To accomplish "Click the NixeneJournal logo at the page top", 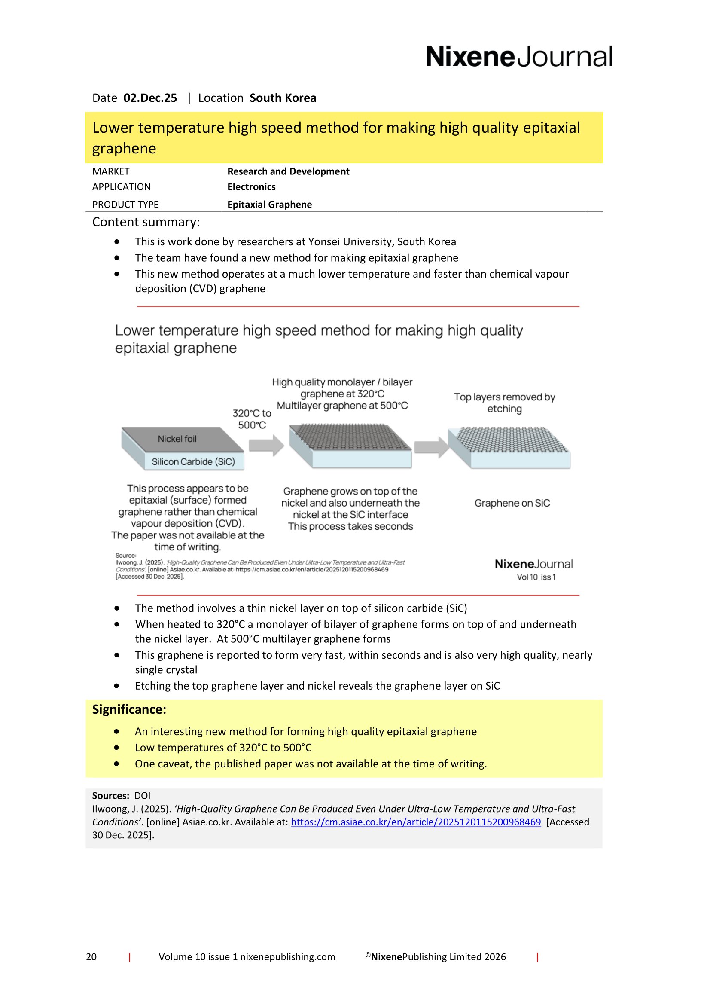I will pos(518,57).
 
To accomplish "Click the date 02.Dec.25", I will pos(150,98).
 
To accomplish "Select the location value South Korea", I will pos(283,98).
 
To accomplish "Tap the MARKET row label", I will pos(111,171).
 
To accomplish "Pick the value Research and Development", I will pos(288,171).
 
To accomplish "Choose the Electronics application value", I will pos(251,187).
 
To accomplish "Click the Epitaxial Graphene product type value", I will pos(269,205).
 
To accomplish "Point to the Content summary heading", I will pos(146,223).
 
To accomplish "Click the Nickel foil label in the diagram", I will pos(177,439).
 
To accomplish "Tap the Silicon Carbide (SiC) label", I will pos(193,462).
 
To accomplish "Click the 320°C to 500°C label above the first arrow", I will pos(252,419).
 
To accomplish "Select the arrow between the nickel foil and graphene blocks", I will pos(266,446).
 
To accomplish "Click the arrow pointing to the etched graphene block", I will pos(431,447).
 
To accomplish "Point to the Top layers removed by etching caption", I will pos(504,403).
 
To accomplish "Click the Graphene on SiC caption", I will pos(512,504).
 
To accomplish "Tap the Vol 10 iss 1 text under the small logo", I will pos(536,577).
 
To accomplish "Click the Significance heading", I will pos(129,709).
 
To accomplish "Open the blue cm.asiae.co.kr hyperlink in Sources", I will pos(416,822).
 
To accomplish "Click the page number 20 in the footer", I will pos(91,957).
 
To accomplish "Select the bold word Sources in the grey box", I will pos(110,796).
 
